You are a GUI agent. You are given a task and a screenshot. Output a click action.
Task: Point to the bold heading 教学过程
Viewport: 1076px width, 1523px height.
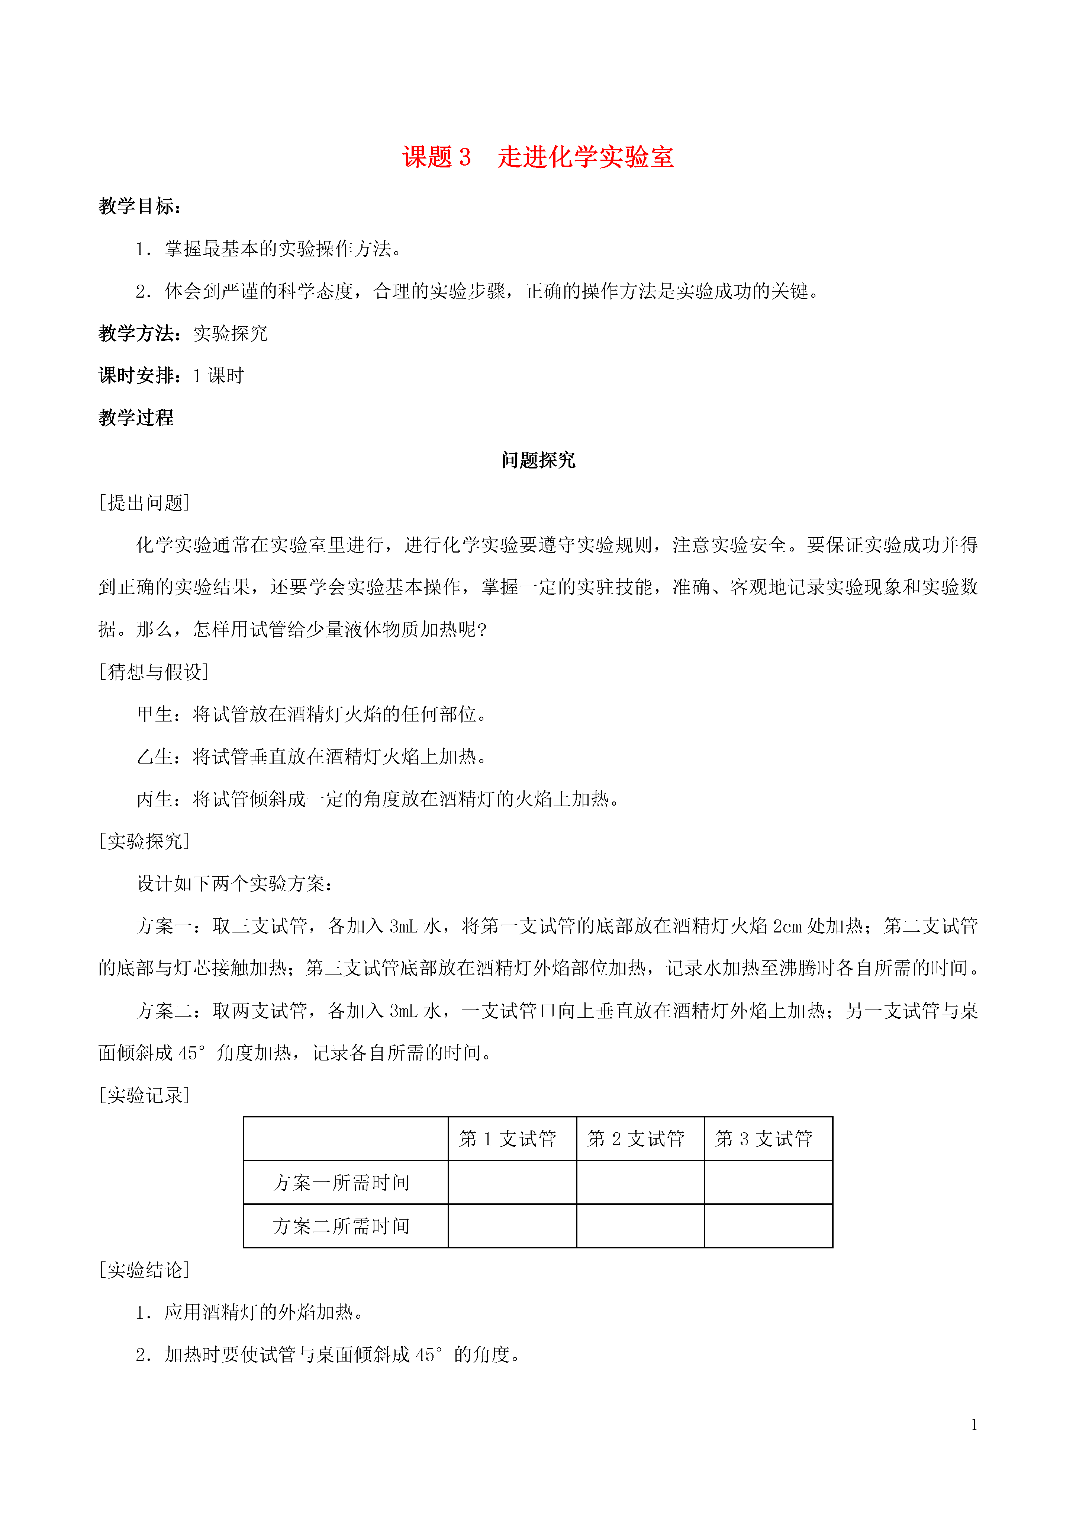[136, 418]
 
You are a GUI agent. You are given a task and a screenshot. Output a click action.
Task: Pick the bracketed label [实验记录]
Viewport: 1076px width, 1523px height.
[145, 1095]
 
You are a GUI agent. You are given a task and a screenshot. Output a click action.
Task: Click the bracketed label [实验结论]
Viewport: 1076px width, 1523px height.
[145, 1270]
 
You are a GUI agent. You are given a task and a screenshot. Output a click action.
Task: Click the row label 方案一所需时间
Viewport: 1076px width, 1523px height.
[341, 1182]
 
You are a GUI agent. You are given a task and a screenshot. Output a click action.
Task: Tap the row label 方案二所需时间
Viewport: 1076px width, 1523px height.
[341, 1226]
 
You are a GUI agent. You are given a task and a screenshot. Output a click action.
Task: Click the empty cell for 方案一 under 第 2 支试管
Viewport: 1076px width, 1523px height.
[640, 1182]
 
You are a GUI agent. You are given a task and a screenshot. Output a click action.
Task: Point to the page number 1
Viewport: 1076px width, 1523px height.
[974, 1424]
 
